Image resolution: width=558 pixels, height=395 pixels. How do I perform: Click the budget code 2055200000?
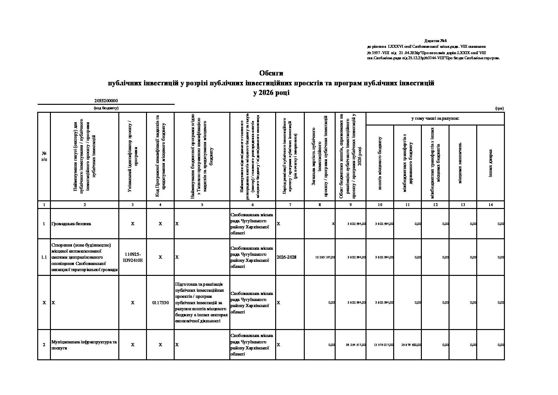(106, 101)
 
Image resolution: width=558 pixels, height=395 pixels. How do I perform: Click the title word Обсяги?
(271, 73)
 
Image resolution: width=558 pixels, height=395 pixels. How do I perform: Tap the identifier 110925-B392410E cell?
(133, 257)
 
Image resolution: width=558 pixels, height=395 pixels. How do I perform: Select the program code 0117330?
(160, 303)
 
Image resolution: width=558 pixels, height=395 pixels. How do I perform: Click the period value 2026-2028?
(287, 257)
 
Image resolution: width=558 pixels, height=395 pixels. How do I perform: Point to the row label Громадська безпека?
(71, 224)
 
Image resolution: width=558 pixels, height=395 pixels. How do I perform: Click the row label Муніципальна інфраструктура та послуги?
(84, 345)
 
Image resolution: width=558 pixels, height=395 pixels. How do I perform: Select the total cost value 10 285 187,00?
(325, 257)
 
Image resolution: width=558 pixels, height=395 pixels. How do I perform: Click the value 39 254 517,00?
(356, 345)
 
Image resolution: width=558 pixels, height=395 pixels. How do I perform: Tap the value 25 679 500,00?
(411, 345)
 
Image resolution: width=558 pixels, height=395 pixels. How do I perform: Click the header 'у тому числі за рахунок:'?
(435, 118)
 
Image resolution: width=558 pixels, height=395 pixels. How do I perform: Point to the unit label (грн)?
(499, 108)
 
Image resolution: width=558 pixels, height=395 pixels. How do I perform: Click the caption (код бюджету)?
(106, 108)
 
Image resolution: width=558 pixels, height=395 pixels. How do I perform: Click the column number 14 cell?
(490, 205)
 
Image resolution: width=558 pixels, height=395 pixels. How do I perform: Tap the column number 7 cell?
(290, 205)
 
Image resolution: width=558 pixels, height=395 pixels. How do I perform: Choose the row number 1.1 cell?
(44, 257)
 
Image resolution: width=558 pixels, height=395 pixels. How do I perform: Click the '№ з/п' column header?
(44, 156)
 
